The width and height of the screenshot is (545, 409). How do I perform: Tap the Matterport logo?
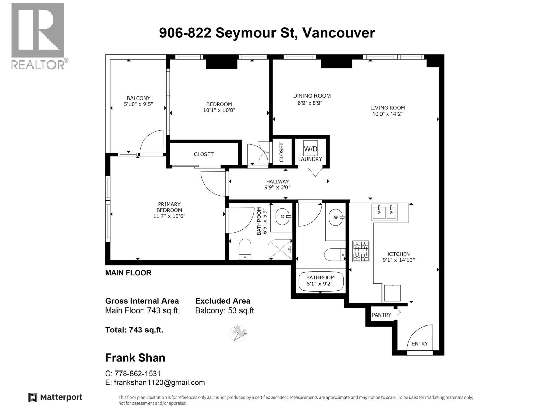click(x=55, y=397)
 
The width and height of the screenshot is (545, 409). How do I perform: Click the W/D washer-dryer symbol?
click(x=311, y=149)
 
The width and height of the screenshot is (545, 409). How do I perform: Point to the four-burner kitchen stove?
click(x=361, y=251)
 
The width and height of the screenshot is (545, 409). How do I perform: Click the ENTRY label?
click(x=420, y=344)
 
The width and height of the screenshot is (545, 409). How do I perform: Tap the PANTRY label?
click(x=381, y=315)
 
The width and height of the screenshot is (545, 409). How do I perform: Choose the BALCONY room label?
click(x=138, y=98)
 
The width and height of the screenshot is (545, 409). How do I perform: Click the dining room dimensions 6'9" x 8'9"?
click(x=310, y=103)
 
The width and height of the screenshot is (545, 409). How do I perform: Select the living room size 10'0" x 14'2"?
click(x=388, y=114)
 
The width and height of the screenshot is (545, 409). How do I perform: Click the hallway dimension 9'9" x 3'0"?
click(x=277, y=187)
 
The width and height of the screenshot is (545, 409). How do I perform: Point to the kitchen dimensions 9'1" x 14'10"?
click(x=399, y=260)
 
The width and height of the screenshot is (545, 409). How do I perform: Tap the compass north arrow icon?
click(x=238, y=333)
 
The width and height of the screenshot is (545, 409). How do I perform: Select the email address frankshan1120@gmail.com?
click(x=159, y=383)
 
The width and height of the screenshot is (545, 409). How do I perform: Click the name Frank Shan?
click(x=135, y=358)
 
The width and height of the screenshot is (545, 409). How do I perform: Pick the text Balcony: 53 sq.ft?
click(x=225, y=310)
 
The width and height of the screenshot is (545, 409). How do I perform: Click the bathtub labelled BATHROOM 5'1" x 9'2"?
click(x=321, y=282)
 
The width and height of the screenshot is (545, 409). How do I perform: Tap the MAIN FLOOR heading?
click(x=128, y=273)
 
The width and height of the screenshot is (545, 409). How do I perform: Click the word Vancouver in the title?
click(x=339, y=33)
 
